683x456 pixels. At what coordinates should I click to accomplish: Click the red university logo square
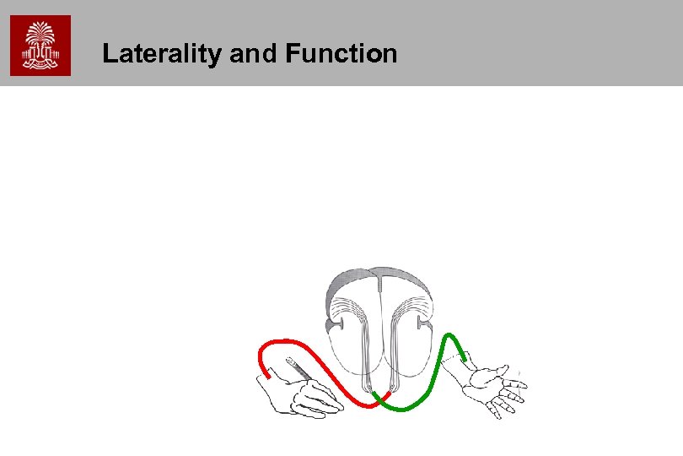[40, 46]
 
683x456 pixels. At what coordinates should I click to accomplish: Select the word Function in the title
[341, 54]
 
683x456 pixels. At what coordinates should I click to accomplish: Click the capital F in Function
[293, 54]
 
